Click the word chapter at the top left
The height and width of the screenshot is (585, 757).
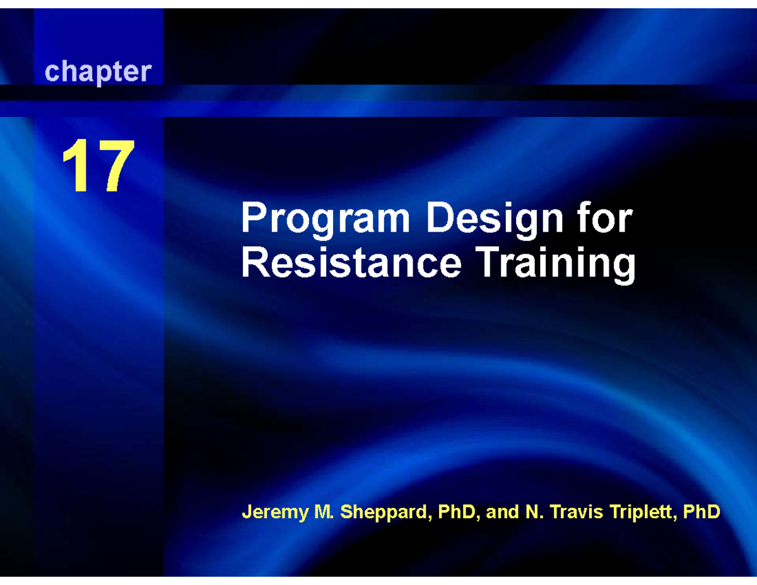[x=98, y=72]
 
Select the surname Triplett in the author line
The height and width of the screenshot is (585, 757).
[x=637, y=512]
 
